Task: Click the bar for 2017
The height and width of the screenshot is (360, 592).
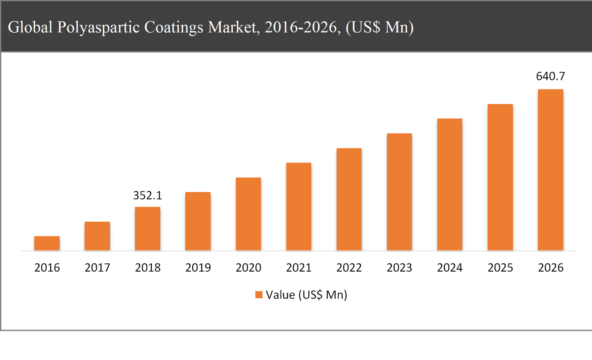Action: click(x=97, y=236)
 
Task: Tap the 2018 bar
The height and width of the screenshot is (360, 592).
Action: click(x=148, y=229)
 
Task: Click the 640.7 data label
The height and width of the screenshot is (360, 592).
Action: click(x=550, y=76)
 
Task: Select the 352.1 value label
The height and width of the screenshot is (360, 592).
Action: click(x=148, y=195)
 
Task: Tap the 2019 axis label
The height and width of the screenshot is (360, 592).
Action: click(x=198, y=268)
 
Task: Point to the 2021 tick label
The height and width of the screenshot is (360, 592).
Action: click(x=299, y=268)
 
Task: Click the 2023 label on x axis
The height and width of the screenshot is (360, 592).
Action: click(x=399, y=268)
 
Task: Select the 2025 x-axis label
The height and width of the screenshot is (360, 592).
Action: click(x=500, y=268)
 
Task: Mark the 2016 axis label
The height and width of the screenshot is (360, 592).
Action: click(x=47, y=268)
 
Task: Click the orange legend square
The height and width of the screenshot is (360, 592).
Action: click(x=259, y=295)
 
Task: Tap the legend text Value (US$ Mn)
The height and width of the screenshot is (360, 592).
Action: click(x=306, y=295)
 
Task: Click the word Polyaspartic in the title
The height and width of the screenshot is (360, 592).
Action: click(x=98, y=27)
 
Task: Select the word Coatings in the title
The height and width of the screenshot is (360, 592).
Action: click(x=174, y=27)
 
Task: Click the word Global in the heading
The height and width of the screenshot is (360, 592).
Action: click(x=30, y=27)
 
